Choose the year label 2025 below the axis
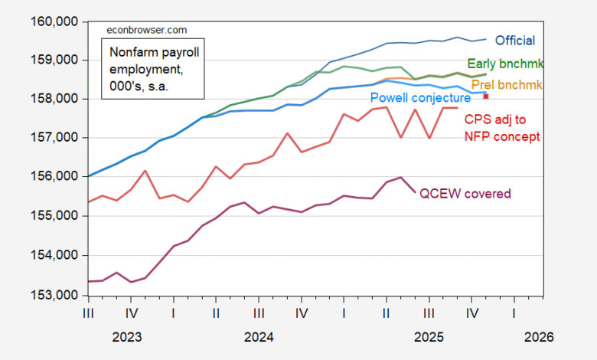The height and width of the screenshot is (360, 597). (x=429, y=336)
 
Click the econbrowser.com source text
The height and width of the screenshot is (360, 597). (x=145, y=30)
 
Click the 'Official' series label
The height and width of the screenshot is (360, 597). (x=515, y=41)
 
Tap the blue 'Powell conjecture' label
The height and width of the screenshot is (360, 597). (x=420, y=98)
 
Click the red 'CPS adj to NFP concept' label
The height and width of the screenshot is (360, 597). (x=502, y=128)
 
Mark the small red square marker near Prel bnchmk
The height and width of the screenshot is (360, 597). (x=486, y=97)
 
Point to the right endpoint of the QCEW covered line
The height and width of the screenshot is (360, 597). (x=415, y=193)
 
